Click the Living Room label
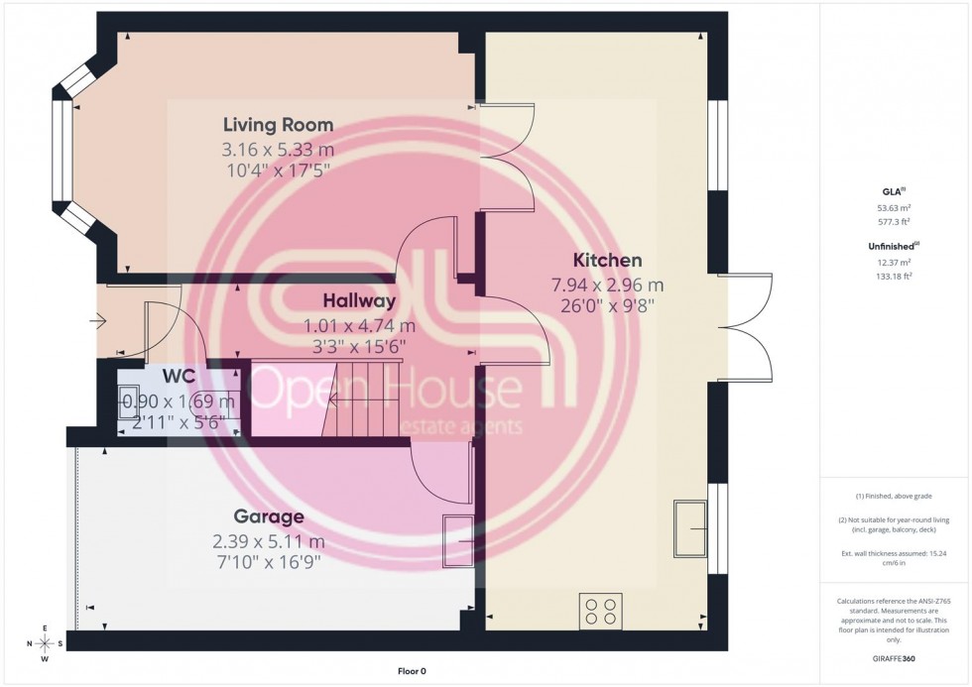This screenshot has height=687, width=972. click(278, 125)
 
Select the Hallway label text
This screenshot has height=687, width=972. click(358, 300)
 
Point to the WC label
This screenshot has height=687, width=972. click(179, 378)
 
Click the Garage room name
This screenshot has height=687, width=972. click(268, 516)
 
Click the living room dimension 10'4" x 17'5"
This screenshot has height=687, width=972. click(278, 171)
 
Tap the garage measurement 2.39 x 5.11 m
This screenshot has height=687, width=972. click(268, 541)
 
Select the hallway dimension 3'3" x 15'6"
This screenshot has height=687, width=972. click(358, 346)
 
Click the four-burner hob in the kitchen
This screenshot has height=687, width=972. click(600, 610)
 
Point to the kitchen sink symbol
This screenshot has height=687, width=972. click(690, 529)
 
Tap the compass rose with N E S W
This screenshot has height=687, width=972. click(45, 643)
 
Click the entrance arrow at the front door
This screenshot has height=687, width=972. click(99, 320)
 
